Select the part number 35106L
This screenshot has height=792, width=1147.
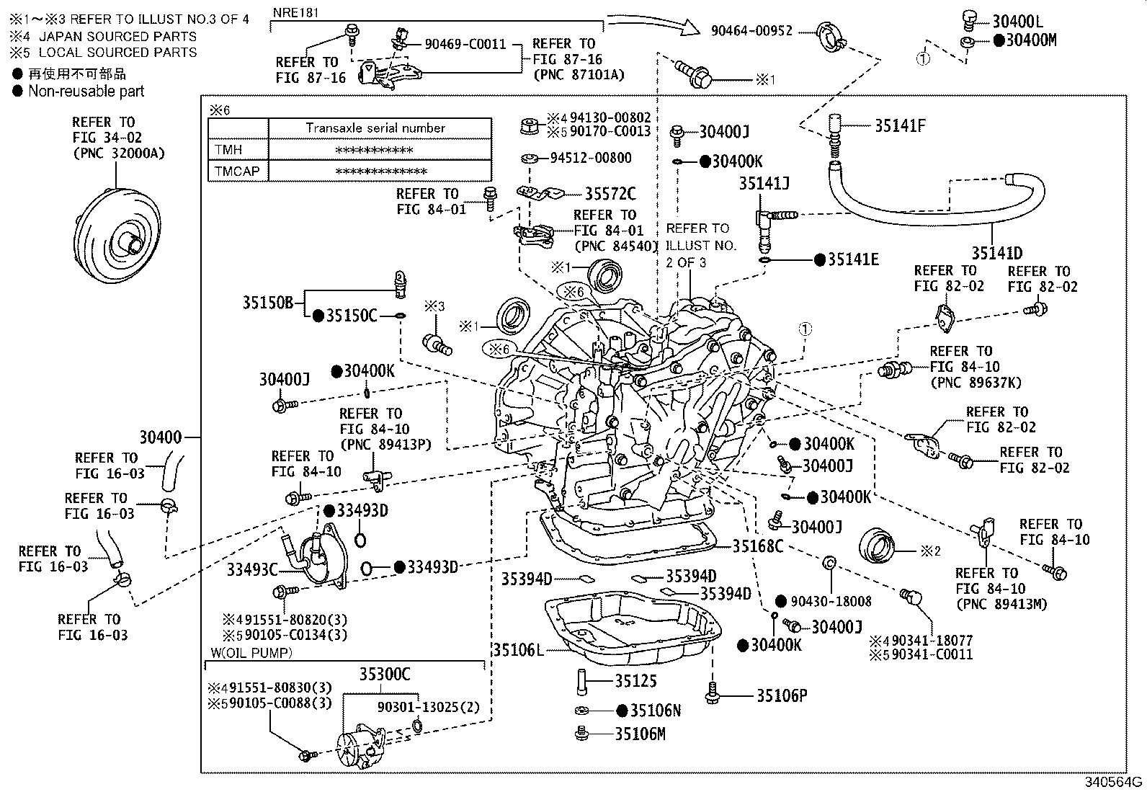[518, 650]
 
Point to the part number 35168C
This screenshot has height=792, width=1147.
[758, 546]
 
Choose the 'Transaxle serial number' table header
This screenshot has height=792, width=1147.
[376, 128]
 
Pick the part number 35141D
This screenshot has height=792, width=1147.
[997, 253]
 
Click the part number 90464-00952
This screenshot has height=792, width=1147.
[751, 31]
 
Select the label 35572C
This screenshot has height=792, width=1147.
[610, 194]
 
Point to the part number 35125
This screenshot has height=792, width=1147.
[635, 681]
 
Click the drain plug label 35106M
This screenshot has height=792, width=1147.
[640, 734]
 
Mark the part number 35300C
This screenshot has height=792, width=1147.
[385, 675]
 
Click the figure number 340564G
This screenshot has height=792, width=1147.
[1113, 782]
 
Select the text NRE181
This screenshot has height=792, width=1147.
[295, 13]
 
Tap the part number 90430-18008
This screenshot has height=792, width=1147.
[831, 602]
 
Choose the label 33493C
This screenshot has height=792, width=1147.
[252, 569]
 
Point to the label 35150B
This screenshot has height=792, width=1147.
[268, 303]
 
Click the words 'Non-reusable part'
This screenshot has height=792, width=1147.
[86, 92]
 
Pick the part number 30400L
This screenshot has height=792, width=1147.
[1017, 22]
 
